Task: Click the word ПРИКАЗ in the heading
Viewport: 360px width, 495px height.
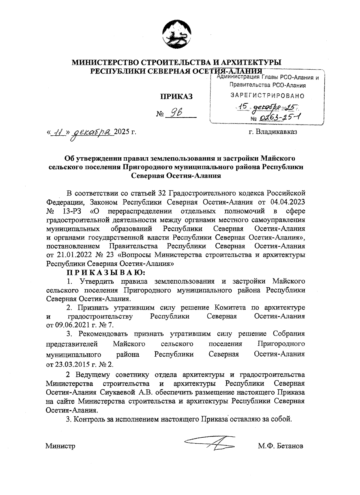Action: [176, 96]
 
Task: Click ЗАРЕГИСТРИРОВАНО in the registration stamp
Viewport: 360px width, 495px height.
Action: [267, 96]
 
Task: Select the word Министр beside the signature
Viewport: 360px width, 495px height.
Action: [60, 446]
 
